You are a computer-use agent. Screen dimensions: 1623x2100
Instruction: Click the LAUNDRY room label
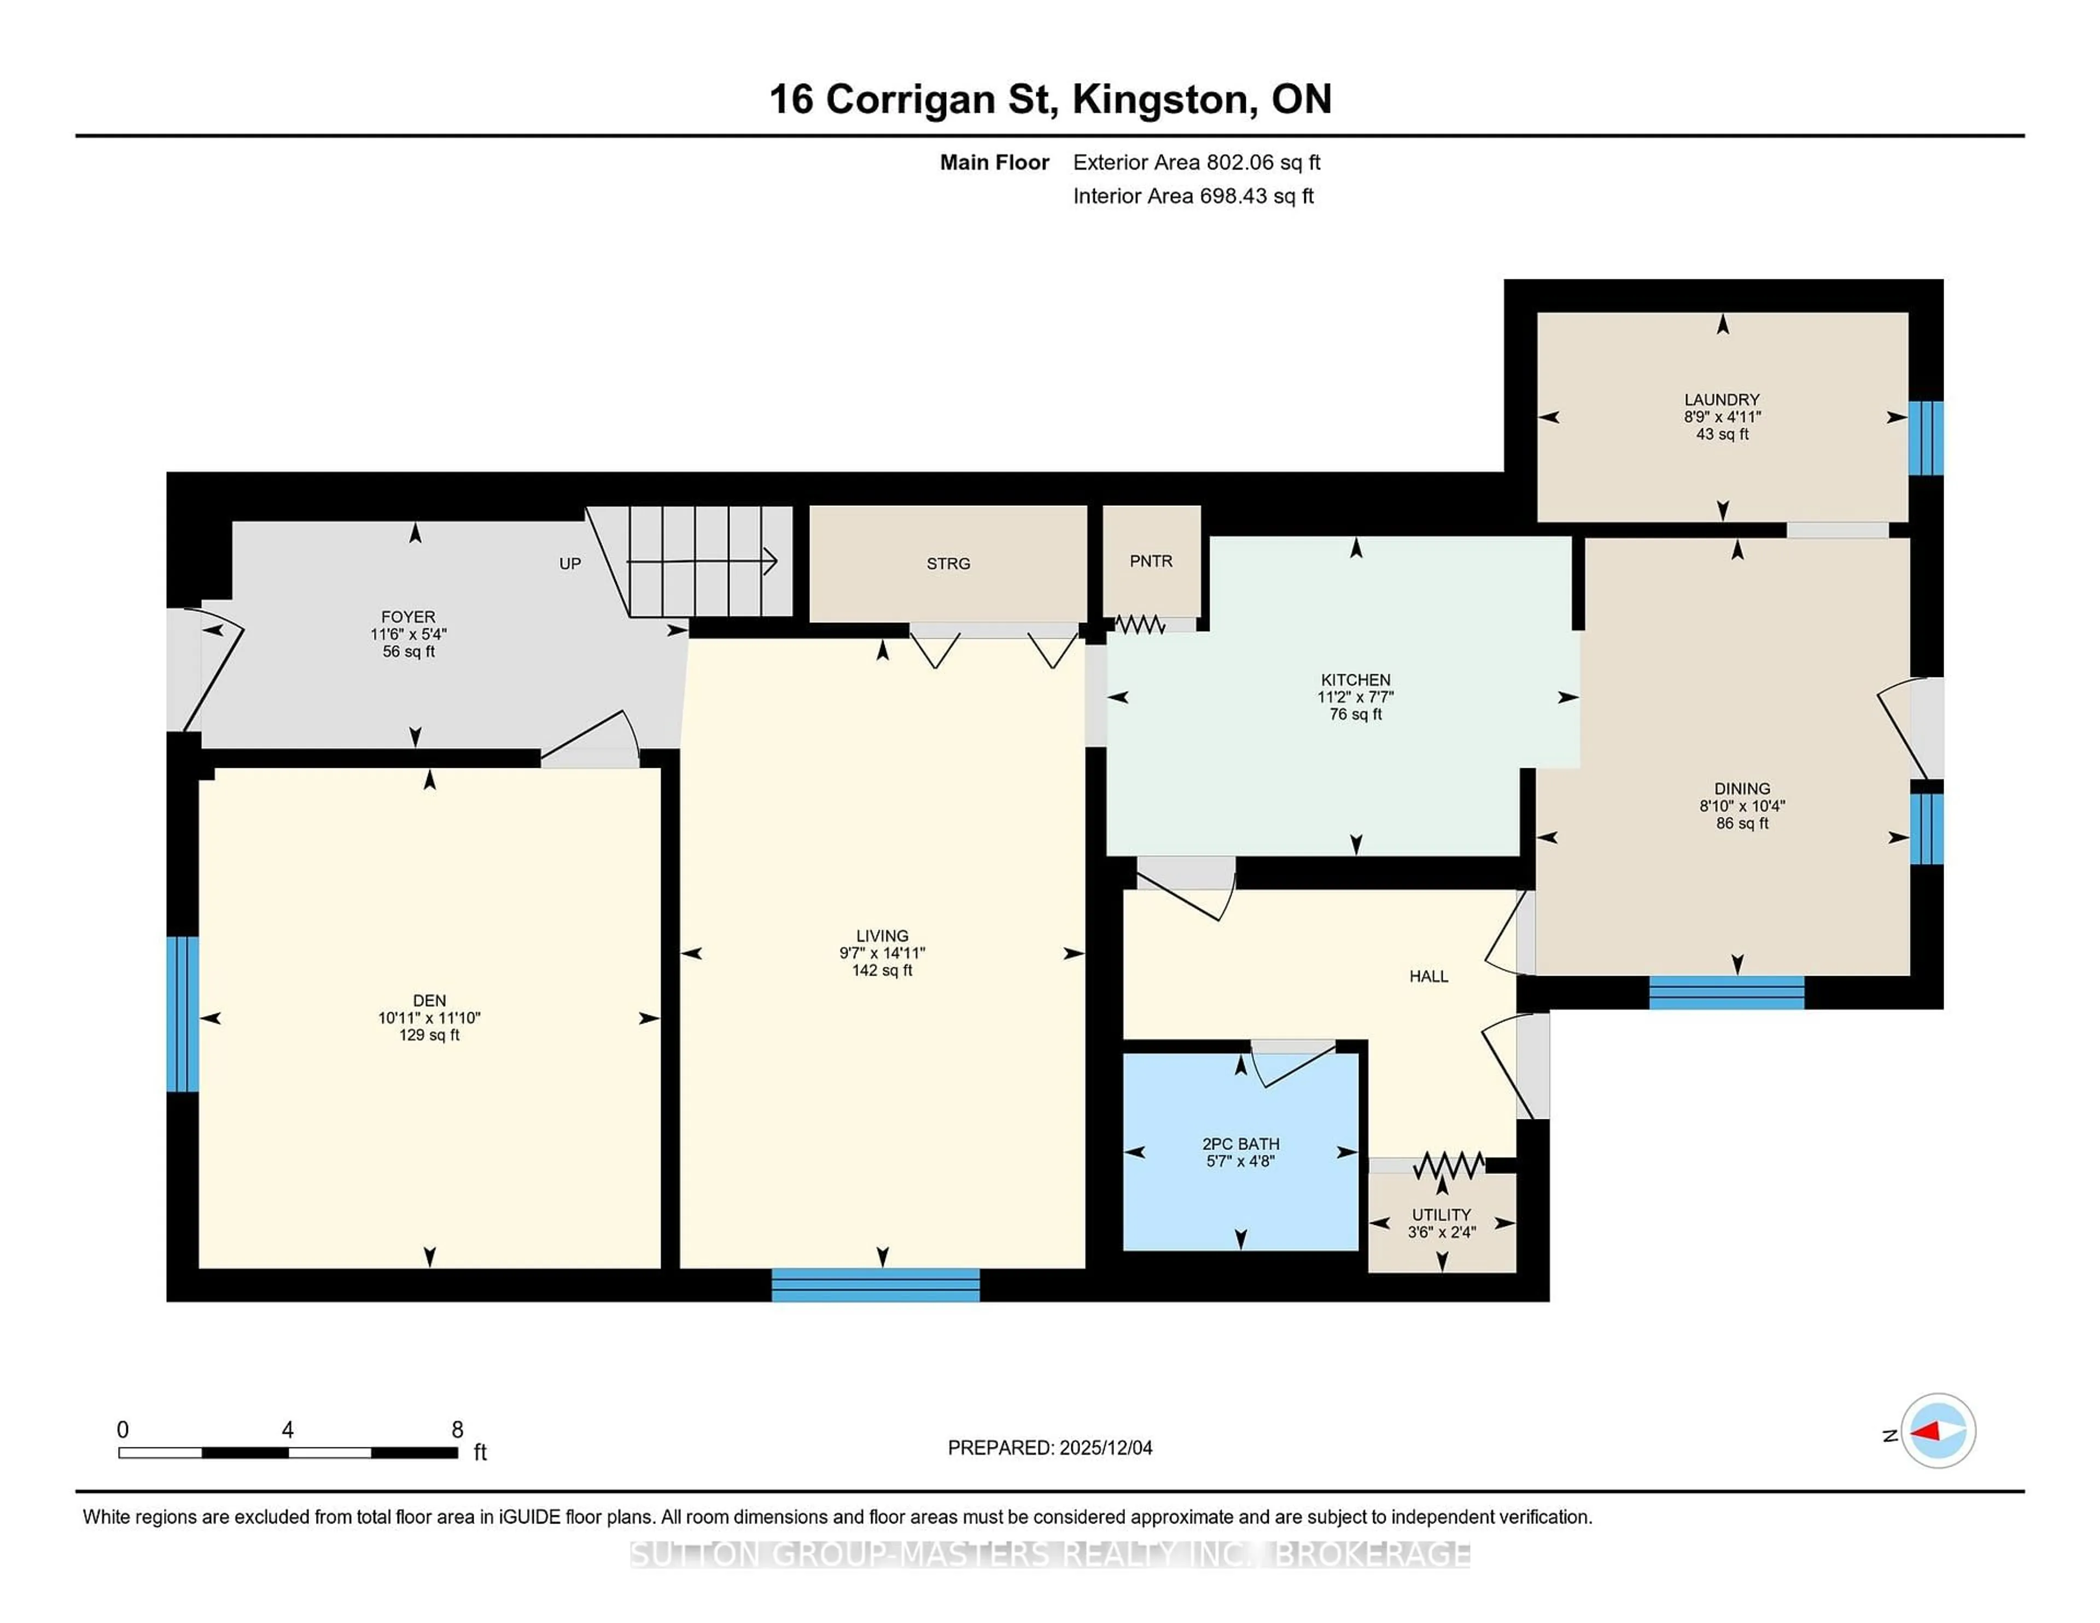(1721, 399)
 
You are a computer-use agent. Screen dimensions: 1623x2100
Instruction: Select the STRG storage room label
(948, 563)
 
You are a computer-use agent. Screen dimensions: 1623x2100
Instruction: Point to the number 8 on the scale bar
(458, 1430)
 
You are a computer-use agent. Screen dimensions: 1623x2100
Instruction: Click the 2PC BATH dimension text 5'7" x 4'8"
(1240, 1161)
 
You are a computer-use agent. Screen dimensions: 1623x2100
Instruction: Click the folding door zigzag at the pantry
(1140, 625)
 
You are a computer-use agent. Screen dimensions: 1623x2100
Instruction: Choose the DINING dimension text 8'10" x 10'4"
(1741, 805)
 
